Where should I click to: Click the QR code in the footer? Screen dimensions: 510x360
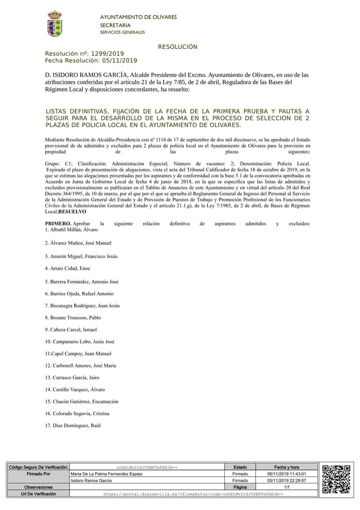click(336, 480)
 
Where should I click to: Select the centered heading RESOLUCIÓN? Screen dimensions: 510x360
click(178, 47)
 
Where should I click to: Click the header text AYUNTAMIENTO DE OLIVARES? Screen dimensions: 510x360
click(138, 17)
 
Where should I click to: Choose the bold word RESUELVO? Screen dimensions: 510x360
click(73, 212)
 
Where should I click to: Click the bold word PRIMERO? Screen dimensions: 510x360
click(58, 224)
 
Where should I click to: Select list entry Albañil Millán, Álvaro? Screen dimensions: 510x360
click(67, 229)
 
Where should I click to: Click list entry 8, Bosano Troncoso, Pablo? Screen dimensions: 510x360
click(73, 318)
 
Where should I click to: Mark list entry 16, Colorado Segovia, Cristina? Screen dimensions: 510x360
click(77, 413)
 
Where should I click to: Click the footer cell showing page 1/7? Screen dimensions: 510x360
click(286, 487)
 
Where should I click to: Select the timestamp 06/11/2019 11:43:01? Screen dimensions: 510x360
click(286, 473)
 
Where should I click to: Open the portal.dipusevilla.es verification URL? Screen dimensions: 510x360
click(193, 494)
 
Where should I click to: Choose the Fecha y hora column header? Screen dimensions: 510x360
click(286, 467)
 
